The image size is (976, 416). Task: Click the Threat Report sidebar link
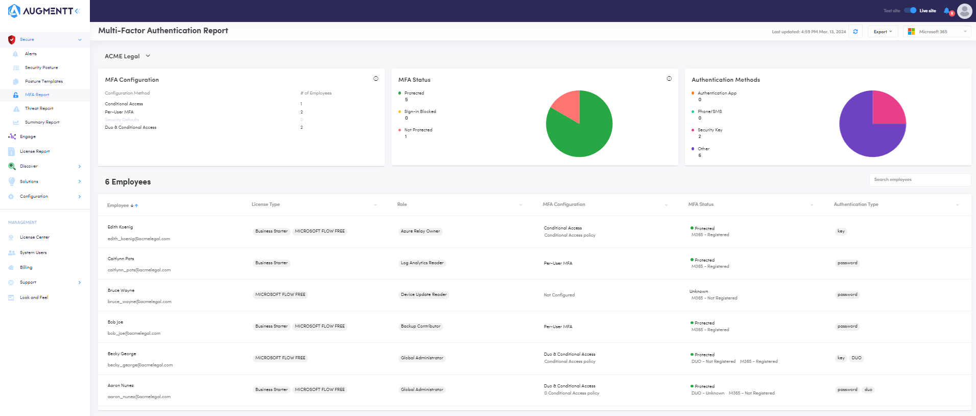pyautogui.click(x=39, y=108)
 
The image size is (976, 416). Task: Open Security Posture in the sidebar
pyautogui.click(x=41, y=67)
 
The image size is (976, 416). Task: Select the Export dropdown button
pyautogui.click(x=883, y=32)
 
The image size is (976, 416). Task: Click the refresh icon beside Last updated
pyautogui.click(x=855, y=32)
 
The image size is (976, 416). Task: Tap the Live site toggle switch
pyautogui.click(x=910, y=10)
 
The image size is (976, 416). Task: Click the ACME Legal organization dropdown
pyautogui.click(x=127, y=56)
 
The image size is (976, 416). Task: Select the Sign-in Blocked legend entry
pyautogui.click(x=420, y=111)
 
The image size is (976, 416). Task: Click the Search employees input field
pyautogui.click(x=919, y=180)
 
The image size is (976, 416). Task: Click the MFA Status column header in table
pyautogui.click(x=701, y=204)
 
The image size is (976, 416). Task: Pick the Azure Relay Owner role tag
pyautogui.click(x=420, y=231)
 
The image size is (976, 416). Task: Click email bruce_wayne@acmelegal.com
pyautogui.click(x=139, y=302)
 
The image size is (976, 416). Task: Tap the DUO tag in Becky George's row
pyautogui.click(x=856, y=358)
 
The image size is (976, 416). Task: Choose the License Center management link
pyautogui.click(x=34, y=237)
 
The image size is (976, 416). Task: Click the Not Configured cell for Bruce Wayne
pyautogui.click(x=559, y=295)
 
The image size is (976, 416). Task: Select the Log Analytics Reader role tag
pyautogui.click(x=422, y=263)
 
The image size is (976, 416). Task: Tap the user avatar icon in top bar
pyautogui.click(x=965, y=11)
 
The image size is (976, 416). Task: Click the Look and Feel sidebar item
pyautogui.click(x=34, y=297)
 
